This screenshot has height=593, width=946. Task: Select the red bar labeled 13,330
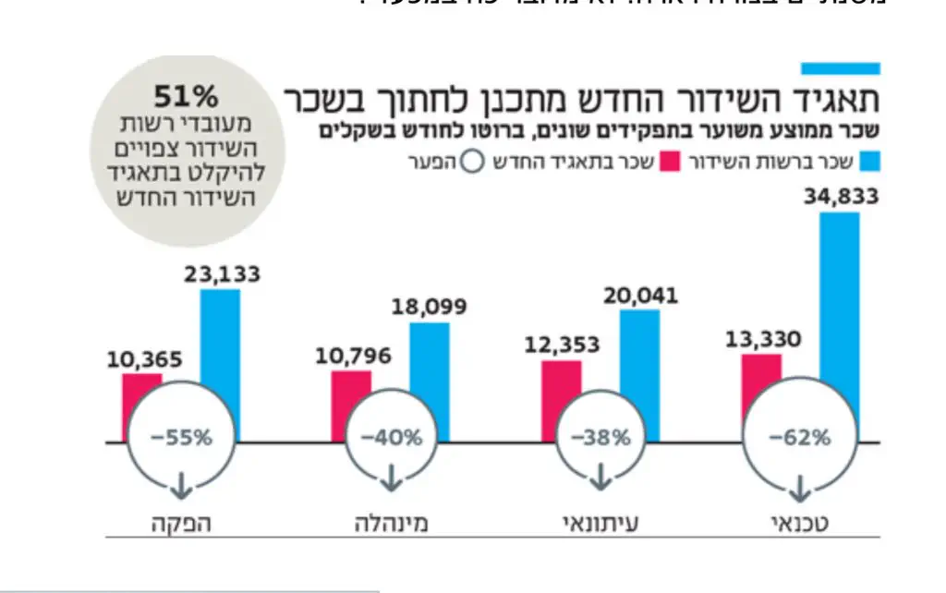pos(761,370)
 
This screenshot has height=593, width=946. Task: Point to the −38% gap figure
pos(599,438)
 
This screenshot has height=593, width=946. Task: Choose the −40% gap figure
pos(389,438)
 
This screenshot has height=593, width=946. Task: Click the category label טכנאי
pos(798,523)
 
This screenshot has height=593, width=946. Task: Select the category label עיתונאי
pos(601,523)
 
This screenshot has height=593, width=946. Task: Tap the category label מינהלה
pos(391,523)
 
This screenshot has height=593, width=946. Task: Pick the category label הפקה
pos(181,523)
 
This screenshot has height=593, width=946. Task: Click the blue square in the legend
pos(868,162)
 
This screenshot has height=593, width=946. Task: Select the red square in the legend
pos(672,162)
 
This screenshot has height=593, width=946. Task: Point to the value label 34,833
pos(840,196)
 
